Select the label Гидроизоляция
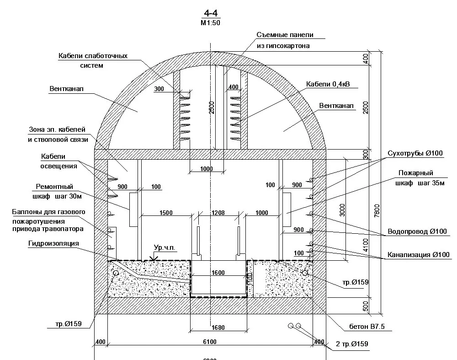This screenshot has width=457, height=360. [53, 243]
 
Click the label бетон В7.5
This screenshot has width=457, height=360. [364, 327]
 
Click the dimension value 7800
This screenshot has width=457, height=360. [377, 210]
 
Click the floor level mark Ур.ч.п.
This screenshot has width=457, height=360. [165, 247]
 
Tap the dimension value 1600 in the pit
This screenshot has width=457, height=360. [218, 273]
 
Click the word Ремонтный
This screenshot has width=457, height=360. [54, 187]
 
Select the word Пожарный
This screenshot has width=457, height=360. [415, 173]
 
